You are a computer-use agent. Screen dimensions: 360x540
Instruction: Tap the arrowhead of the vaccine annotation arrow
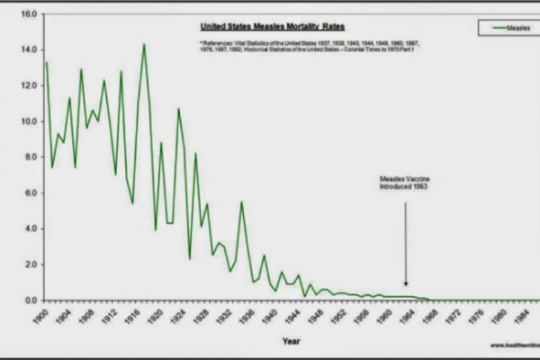click(405, 287)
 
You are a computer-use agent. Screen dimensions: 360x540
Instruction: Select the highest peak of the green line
click(144, 44)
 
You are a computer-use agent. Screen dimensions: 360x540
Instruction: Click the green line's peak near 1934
click(241, 202)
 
